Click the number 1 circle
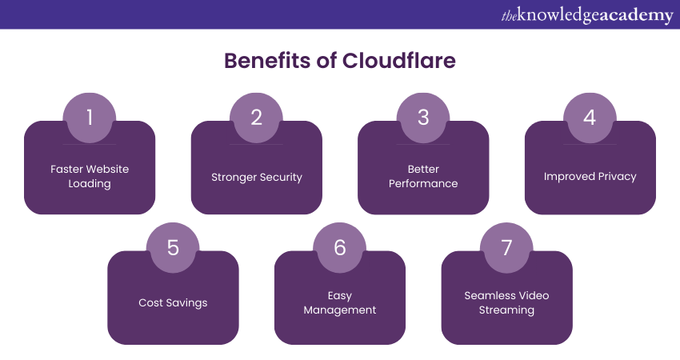click(90, 118)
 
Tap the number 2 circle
click(256, 118)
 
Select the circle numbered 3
click(423, 118)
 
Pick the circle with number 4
click(590, 118)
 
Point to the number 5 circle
click(173, 248)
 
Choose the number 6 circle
click(340, 248)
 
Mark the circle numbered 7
click(506, 248)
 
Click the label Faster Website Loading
click(90, 176)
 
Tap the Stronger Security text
click(256, 177)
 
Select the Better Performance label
click(423, 176)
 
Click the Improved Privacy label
click(590, 177)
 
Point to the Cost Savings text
click(173, 303)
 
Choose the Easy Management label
click(340, 302)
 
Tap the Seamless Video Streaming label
click(506, 302)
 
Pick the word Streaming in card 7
click(506, 310)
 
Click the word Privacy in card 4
click(616, 177)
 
